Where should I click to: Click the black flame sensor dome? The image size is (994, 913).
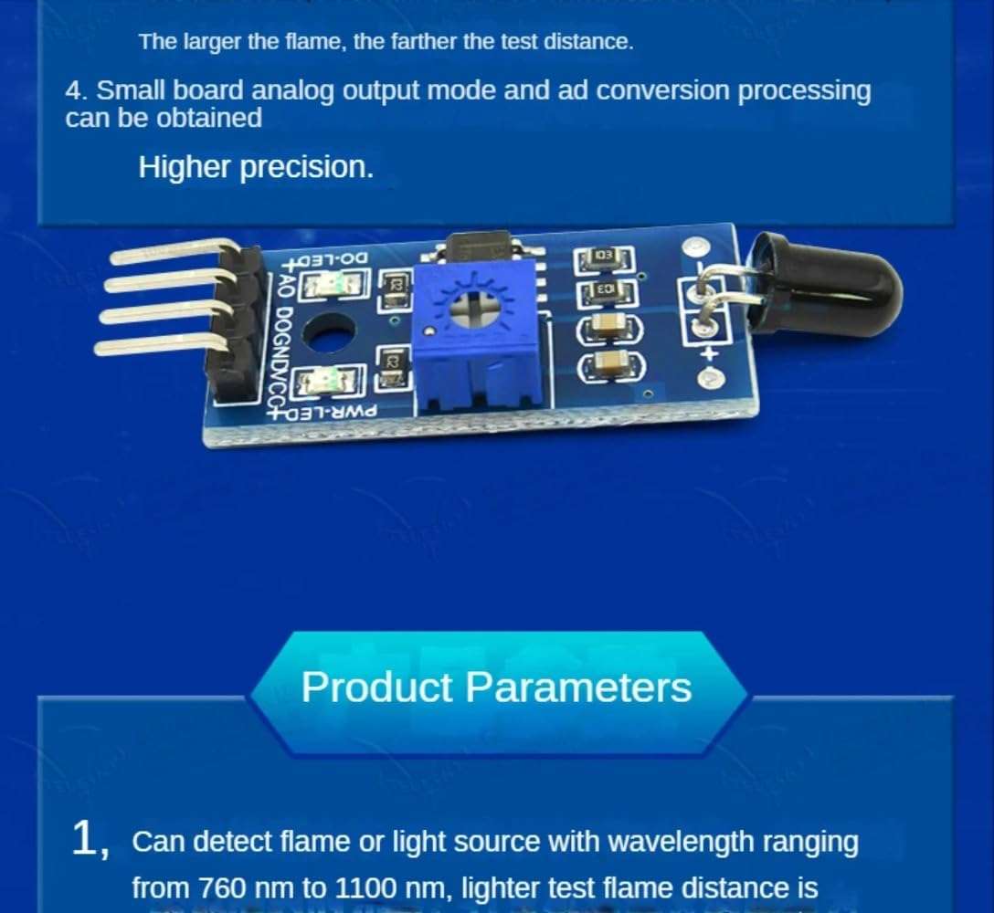point(827,283)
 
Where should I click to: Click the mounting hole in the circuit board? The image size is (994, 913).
point(330,333)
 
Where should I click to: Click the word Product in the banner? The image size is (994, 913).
point(377,687)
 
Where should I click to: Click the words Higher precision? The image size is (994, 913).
point(256,167)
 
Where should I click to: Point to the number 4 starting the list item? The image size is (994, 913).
point(74,91)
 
